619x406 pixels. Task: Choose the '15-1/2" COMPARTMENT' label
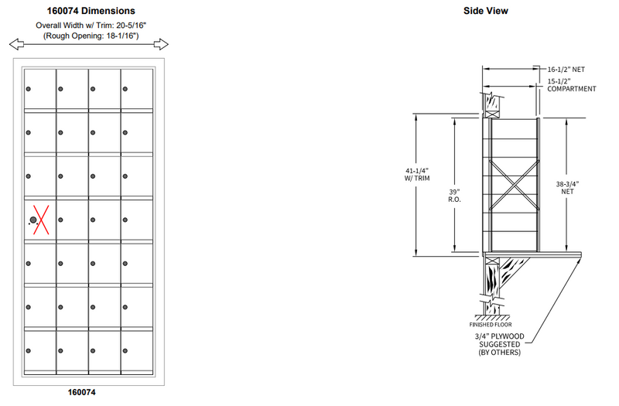571,85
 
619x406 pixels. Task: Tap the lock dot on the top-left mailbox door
29,90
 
